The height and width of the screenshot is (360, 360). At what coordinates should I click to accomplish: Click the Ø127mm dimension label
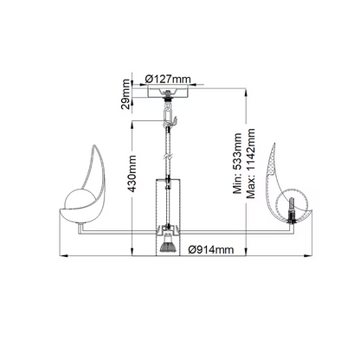coord(168,79)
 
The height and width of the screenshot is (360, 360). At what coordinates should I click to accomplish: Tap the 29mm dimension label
coord(125,94)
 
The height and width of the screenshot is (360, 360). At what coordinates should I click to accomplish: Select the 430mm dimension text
coord(132,174)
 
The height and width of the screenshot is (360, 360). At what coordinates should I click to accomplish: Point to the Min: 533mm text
coord(237,164)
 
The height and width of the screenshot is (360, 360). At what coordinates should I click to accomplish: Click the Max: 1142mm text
coord(250,164)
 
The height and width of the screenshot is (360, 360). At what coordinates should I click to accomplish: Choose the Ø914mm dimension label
coord(211,249)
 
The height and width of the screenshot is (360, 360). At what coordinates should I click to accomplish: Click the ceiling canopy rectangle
coord(168,92)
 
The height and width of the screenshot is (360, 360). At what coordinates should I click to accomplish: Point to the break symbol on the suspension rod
coord(168,158)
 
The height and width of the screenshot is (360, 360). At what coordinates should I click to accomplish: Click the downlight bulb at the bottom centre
coord(168,247)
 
